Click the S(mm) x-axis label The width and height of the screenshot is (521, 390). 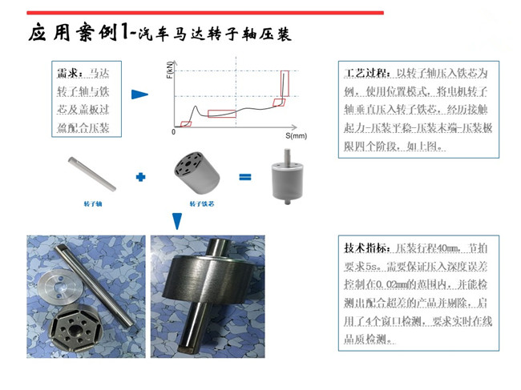[296, 137]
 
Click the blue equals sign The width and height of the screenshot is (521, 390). [245, 176]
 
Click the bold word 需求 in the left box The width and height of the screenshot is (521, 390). [69, 72]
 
